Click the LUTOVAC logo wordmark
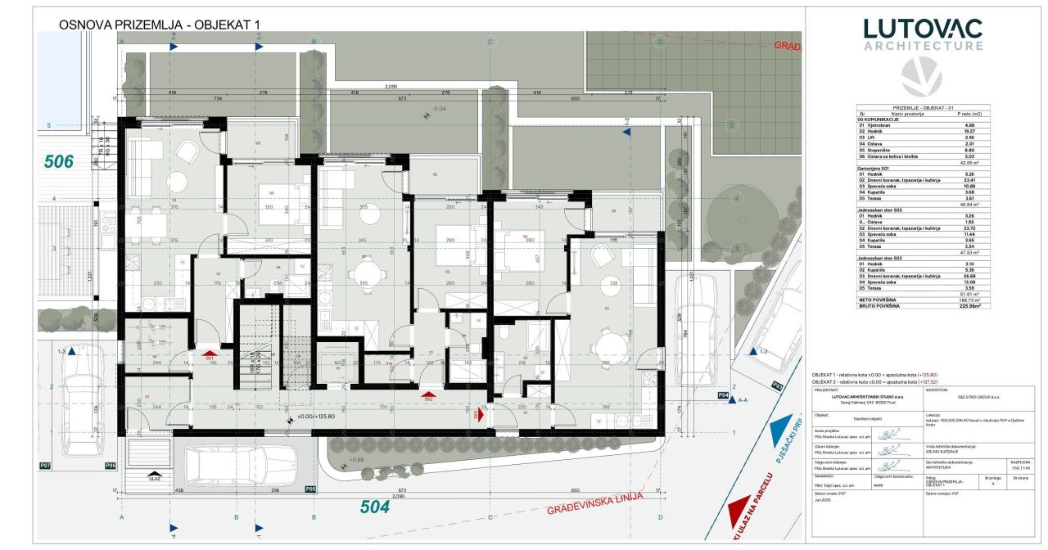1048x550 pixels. coord(923,29)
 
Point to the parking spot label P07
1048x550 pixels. coord(46,466)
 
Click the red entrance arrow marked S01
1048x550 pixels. coord(210,354)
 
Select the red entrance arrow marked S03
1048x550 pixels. coord(481,415)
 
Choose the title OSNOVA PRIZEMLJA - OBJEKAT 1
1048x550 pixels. coord(159,25)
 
